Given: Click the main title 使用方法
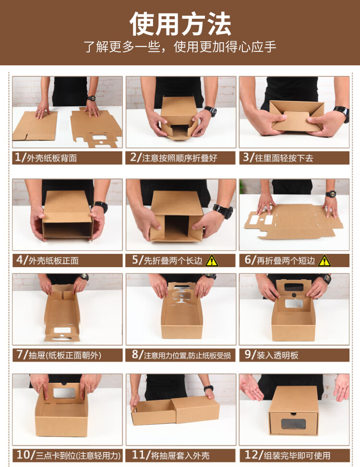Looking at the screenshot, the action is point(180,24).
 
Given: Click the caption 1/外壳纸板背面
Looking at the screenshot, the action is point(46,157).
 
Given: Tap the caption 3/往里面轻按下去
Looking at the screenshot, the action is point(278,157).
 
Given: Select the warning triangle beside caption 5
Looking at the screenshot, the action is point(212,260).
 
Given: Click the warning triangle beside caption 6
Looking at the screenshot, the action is point(324,260).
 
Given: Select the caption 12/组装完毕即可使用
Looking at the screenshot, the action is point(287,455).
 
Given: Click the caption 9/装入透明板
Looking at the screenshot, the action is point(271,355).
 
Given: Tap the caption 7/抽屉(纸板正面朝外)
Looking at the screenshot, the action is point(59,355).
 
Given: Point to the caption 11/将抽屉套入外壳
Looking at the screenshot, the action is point(170,455).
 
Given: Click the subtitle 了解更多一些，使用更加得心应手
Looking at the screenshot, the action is point(180,47).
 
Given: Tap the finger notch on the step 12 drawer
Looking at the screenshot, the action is point(293,414).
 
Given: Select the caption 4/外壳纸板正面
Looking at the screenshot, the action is point(48,260).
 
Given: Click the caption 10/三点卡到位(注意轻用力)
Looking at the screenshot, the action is point(69,455).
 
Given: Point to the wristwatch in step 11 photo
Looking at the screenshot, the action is point(208,388).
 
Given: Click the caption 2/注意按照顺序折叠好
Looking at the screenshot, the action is point(174,157).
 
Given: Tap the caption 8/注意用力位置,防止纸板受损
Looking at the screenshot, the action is point(181,355).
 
